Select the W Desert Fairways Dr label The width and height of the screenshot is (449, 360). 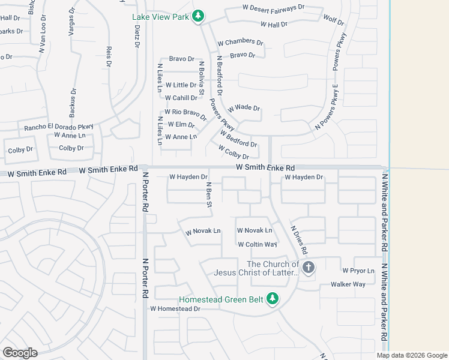tap(274, 8)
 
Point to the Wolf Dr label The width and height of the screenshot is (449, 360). tap(333, 20)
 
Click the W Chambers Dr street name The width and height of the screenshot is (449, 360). tap(240, 43)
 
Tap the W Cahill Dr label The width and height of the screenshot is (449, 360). tap(181, 98)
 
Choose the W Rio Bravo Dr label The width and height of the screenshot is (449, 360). tap(185, 113)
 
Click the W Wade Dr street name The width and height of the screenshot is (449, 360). tap(244, 109)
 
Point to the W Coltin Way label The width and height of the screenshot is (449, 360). tap(257, 245)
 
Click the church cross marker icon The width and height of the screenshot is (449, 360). tap(308, 268)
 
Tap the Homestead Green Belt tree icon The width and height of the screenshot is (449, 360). tap(273, 298)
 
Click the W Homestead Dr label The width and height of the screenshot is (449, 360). tap(174, 309)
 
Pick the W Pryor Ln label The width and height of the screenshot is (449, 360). tap(358, 271)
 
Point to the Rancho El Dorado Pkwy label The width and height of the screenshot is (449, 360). tap(59, 127)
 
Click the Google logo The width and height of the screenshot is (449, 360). tap(20, 353)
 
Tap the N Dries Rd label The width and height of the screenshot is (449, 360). tap(299, 239)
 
